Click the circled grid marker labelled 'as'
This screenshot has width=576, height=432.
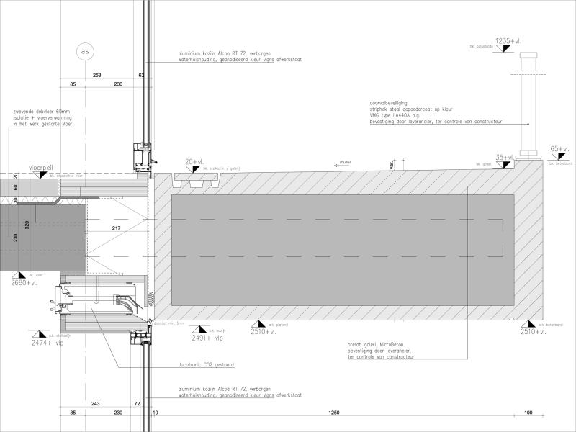click(x=86, y=52)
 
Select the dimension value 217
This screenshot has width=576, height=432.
click(x=117, y=229)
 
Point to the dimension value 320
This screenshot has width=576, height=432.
click(x=27, y=225)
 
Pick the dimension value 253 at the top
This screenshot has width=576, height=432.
click(x=98, y=74)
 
